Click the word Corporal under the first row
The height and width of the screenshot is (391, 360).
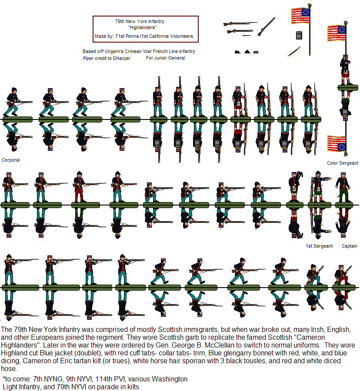[11, 160]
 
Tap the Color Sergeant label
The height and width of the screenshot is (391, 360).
[343, 163]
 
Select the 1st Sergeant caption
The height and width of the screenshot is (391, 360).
[319, 246]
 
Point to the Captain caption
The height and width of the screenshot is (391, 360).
[349, 246]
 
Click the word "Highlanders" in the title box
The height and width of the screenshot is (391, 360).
[142, 27]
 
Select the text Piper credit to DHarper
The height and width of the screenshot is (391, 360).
[107, 58]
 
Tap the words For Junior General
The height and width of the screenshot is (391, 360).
[165, 58]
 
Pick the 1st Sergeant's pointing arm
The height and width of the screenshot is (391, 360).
[326, 179]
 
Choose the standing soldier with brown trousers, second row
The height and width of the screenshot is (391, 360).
[79, 186]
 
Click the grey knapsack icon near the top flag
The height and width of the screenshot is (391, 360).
[299, 36]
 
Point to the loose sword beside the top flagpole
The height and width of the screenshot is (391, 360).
[294, 51]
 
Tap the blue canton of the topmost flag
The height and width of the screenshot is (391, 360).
[306, 13]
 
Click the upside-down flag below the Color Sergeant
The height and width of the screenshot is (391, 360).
[337, 144]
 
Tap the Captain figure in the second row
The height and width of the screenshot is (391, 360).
[343, 187]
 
